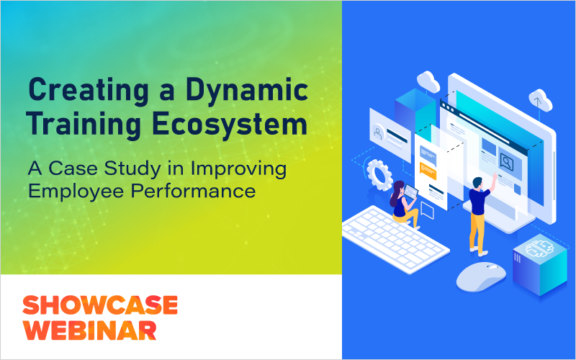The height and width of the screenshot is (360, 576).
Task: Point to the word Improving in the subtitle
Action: click(x=238, y=170)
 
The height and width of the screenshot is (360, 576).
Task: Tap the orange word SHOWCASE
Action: click(x=100, y=305)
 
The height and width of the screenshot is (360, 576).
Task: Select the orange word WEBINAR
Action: click(x=89, y=330)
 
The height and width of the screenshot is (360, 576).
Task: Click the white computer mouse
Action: click(x=481, y=276)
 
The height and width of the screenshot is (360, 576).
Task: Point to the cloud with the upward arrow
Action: click(x=540, y=100)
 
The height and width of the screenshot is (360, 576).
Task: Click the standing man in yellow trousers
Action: click(x=480, y=215)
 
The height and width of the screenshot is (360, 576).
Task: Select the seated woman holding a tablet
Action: click(x=403, y=204)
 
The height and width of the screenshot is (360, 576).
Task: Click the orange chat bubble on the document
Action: click(x=428, y=171)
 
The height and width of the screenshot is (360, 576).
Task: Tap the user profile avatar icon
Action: click(x=377, y=132)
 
